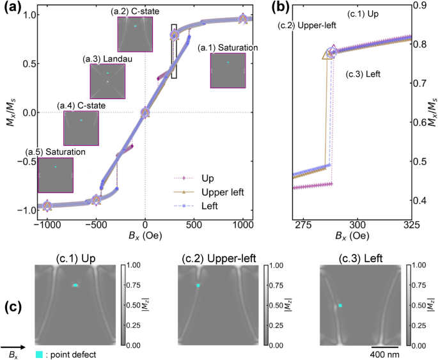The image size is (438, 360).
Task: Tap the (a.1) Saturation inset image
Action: click(x=228, y=70)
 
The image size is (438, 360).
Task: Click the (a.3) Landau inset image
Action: click(x=107, y=81)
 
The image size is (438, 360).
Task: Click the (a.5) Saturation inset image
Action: click(x=56, y=175)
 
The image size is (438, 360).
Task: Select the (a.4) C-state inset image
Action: click(x=81, y=128)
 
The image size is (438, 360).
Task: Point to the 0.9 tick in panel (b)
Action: click(x=426, y=6)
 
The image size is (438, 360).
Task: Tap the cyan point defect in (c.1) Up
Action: click(x=75, y=285)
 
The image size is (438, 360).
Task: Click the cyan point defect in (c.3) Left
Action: click(x=341, y=306)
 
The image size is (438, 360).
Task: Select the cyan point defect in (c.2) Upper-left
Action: click(x=198, y=285)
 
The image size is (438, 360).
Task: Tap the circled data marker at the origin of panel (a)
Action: click(x=145, y=113)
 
